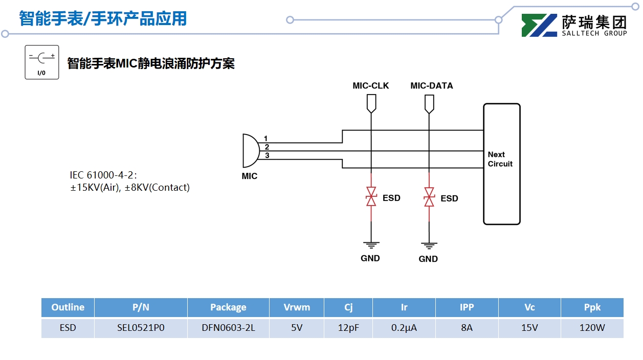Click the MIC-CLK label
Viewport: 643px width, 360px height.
(370, 86)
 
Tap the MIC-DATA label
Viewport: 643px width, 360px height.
(431, 86)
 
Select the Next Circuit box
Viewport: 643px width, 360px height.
(501, 164)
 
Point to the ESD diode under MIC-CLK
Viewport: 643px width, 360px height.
(371, 197)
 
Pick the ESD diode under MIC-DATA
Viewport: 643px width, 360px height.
(429, 197)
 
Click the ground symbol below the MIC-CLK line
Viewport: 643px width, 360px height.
(371, 244)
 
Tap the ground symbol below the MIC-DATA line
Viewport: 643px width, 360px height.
(429, 245)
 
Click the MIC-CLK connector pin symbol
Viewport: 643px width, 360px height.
(371, 104)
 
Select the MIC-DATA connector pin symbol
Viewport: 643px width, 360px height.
(429, 104)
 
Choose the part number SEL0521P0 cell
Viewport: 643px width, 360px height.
(141, 328)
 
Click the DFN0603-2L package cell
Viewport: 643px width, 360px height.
(228, 328)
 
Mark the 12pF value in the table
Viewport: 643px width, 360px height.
(348, 328)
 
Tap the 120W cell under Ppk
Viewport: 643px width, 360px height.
(592, 328)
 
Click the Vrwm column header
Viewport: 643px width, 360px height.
(297, 307)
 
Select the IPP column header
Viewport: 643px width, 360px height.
(467, 307)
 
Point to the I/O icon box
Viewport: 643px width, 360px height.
(42, 62)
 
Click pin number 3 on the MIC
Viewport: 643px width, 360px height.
(267, 155)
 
